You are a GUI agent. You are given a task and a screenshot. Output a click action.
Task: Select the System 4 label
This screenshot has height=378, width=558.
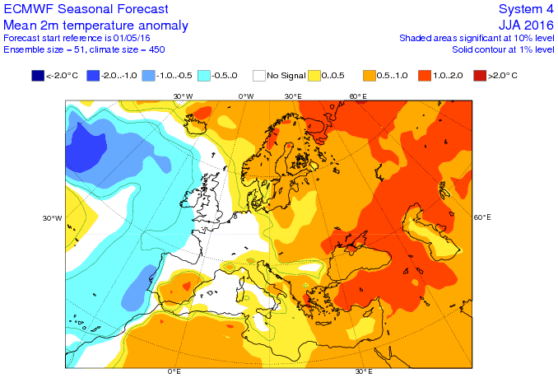526,9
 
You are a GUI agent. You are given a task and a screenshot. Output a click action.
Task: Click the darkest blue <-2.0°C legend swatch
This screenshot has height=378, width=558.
38,77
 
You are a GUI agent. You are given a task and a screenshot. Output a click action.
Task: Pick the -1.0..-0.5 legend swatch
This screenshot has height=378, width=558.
148,77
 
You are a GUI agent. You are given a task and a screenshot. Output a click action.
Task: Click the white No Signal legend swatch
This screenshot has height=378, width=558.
258,77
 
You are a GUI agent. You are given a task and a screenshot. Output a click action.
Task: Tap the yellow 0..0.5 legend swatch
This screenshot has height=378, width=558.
314,77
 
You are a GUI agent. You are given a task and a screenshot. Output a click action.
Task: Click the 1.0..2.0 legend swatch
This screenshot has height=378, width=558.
423,77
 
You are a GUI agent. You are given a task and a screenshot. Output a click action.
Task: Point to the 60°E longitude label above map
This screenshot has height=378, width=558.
357,96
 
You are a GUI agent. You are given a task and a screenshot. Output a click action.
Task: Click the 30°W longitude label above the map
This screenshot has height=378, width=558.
183,96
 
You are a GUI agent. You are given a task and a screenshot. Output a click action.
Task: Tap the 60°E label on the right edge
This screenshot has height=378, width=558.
482,217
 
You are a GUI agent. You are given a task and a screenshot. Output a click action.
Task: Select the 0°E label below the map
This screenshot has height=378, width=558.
174,372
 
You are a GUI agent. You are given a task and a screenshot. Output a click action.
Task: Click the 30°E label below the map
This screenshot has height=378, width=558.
364,372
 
